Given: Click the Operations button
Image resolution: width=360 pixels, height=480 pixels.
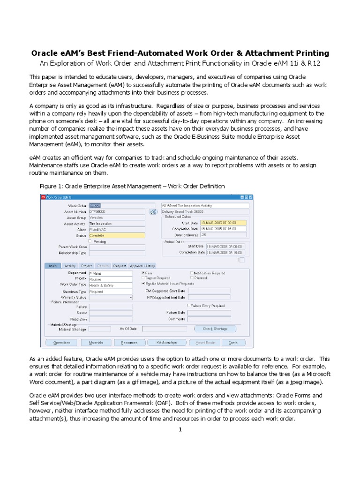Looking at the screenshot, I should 61,343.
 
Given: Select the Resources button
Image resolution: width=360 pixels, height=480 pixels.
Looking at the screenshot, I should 129,343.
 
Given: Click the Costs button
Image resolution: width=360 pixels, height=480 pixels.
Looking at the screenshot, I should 233,343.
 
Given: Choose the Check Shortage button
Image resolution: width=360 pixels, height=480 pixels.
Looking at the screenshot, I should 215,329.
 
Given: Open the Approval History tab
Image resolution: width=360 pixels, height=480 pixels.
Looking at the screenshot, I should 142,266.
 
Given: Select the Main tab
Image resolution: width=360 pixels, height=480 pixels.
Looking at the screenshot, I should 52,266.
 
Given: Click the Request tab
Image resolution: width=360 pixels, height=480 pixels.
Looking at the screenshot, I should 120,266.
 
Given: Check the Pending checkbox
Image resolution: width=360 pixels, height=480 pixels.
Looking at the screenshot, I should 90,241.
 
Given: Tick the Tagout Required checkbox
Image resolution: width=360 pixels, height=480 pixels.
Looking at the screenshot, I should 143,278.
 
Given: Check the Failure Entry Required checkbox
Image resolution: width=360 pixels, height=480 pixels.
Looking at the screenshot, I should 188,306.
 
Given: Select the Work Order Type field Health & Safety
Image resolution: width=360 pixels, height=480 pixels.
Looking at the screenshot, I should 111,285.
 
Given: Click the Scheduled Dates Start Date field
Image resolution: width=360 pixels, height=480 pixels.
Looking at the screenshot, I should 223,223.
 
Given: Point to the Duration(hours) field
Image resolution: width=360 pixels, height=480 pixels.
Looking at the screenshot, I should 223,235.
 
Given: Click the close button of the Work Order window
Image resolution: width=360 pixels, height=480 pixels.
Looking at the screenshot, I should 251,197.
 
